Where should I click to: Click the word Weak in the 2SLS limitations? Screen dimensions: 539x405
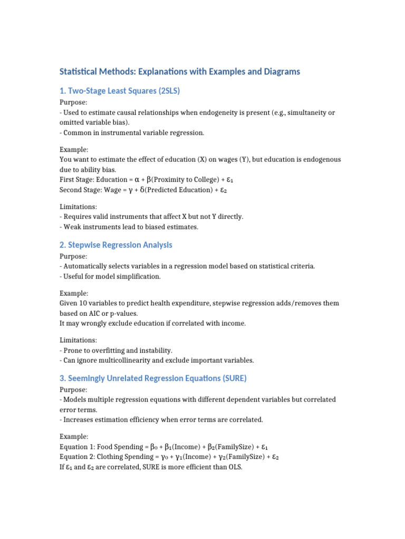72,227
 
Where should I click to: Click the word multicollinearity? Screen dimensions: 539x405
117,361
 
